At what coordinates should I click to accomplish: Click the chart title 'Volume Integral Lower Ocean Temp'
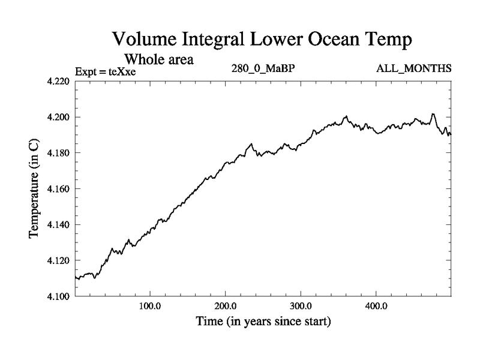coord(263,41)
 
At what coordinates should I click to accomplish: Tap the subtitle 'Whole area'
coord(158,59)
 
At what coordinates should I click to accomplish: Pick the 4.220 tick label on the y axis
coord(59,81)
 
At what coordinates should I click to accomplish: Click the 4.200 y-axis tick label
coord(59,117)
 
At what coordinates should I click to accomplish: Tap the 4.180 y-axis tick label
coord(59,153)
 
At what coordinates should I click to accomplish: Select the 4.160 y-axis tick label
coord(59,189)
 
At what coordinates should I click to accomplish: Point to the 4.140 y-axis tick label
coord(59,225)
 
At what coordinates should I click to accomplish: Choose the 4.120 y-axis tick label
coord(59,261)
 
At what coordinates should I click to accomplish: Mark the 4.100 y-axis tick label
coord(59,296)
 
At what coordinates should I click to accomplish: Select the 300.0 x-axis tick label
coord(301,307)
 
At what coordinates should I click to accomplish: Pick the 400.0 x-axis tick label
coord(376,307)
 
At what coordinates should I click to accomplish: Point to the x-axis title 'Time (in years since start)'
coord(263,322)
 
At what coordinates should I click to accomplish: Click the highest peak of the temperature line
coord(433,114)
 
